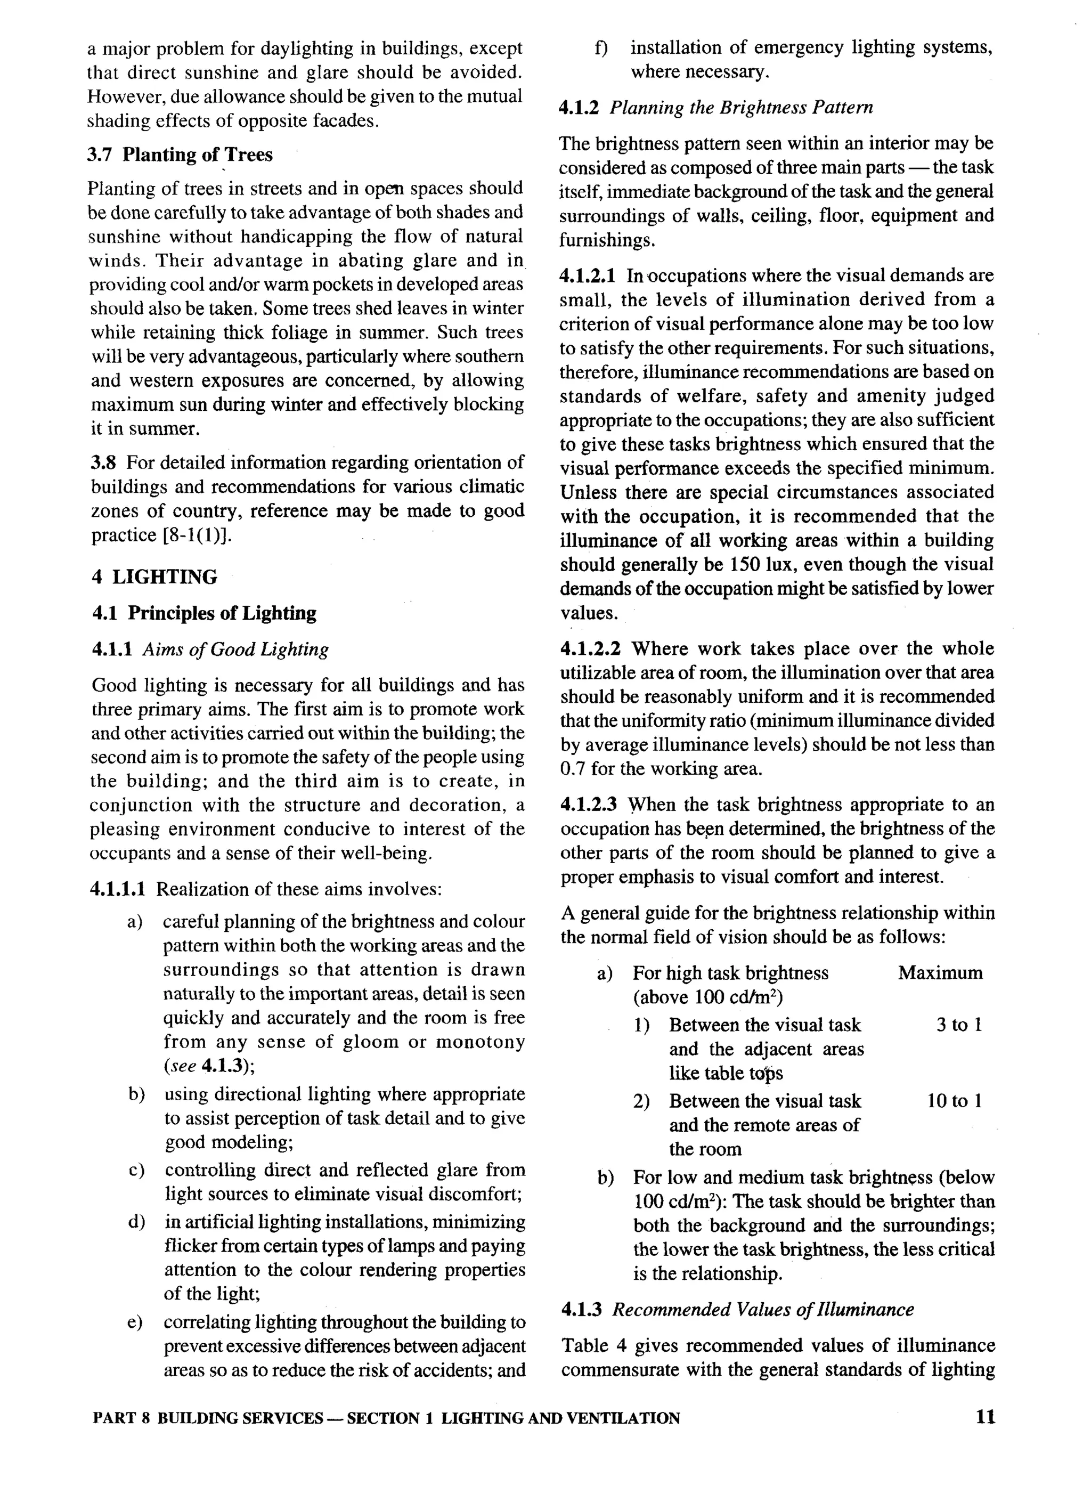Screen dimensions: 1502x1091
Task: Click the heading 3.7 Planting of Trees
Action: tap(180, 155)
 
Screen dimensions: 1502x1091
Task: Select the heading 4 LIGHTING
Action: tap(154, 578)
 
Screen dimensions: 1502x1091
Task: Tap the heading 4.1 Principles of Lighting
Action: tap(204, 613)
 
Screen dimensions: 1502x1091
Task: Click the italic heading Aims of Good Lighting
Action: tap(235, 649)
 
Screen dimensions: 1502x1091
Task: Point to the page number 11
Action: tap(985, 1417)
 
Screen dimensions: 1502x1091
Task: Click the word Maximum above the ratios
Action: tap(940, 973)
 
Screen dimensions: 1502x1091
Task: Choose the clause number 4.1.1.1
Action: tap(118, 889)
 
